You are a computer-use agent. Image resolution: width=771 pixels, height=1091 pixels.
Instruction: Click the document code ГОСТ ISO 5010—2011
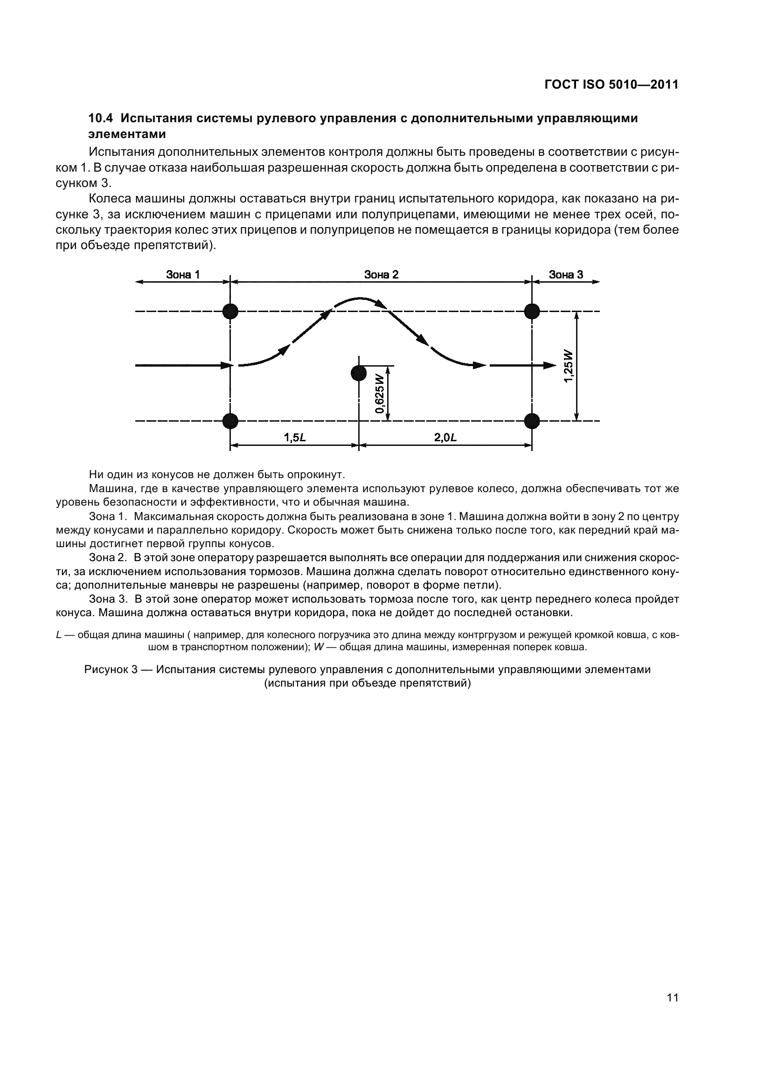click(611, 84)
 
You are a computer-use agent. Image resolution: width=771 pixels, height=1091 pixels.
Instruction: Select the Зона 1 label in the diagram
click(183, 274)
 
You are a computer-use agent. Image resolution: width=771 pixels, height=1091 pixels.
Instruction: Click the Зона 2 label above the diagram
click(381, 274)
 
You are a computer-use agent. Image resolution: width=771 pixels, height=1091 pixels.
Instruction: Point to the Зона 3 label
click(566, 274)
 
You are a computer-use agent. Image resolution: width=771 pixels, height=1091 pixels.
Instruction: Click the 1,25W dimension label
click(568, 366)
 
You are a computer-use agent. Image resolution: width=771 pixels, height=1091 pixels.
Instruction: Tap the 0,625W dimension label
click(379, 394)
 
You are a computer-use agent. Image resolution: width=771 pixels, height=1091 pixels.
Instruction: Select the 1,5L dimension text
click(294, 438)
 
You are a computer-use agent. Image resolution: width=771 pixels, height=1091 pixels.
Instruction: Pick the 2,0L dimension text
click(445, 438)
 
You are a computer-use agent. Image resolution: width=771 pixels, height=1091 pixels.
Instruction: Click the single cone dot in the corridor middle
click(359, 374)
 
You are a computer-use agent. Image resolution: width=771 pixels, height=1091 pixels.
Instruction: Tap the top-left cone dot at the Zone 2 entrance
click(230, 312)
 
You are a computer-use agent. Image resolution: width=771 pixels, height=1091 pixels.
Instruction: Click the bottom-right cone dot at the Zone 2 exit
click(532, 421)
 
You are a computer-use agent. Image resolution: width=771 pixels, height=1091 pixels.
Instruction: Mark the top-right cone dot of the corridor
click(532, 312)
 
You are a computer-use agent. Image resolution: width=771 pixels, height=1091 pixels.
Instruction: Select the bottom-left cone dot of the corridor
click(230, 421)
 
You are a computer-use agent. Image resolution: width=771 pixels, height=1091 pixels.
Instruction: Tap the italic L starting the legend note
click(58, 635)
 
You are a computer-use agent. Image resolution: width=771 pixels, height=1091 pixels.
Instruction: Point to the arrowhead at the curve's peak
click(380, 303)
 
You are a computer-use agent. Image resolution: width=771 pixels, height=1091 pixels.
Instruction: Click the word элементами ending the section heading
click(127, 134)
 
